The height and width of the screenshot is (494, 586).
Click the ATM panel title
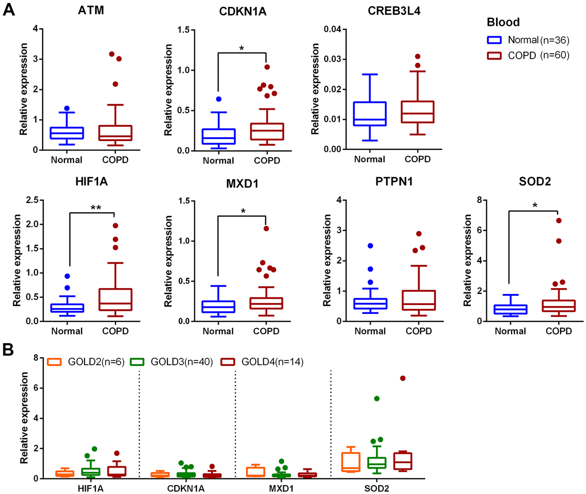coord(91,10)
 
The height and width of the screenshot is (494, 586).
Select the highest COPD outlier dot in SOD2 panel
coord(559,221)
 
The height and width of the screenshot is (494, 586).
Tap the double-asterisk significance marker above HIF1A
coord(96,207)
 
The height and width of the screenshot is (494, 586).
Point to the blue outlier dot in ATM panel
coord(67,108)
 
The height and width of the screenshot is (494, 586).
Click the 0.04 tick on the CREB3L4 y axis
coord(332,29)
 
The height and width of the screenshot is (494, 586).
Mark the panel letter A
coord(8,9)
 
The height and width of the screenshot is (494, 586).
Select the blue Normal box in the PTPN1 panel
coord(371,304)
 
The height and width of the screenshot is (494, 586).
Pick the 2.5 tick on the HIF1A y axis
coord(32,201)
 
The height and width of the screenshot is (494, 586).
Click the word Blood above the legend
coord(503,22)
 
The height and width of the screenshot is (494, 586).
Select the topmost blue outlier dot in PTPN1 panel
coord(371,246)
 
